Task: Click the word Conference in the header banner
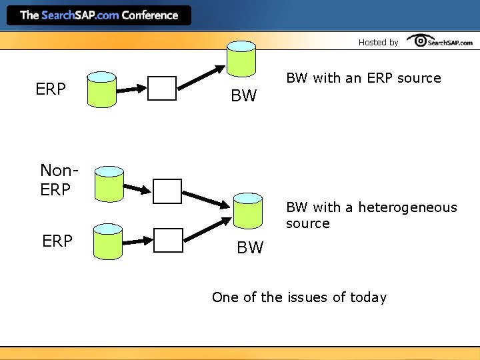[x=150, y=15]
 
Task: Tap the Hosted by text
[x=378, y=42]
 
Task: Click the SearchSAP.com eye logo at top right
[x=440, y=41]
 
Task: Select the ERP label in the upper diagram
[x=51, y=89]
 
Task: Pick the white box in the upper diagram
[x=162, y=88]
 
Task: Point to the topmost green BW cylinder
[x=241, y=59]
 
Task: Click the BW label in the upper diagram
[x=243, y=96]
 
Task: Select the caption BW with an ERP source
[x=363, y=78]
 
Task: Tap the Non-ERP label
[x=55, y=180]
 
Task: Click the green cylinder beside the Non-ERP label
[x=109, y=183]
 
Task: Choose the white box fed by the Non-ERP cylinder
[x=167, y=191]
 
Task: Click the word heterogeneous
[x=408, y=207]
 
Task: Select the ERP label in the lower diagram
[x=57, y=241]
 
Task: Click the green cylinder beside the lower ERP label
[x=108, y=241]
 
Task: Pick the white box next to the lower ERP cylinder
[x=168, y=241]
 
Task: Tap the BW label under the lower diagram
[x=250, y=248]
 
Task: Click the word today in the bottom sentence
[x=368, y=297]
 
